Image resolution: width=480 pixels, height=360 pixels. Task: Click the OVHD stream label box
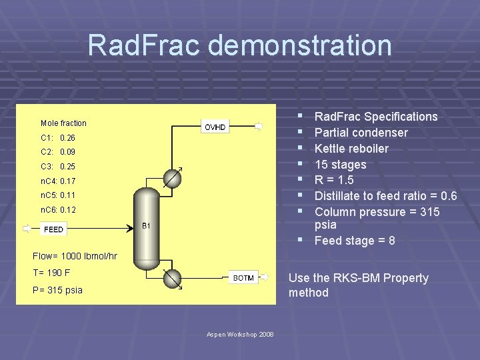coord(215,126)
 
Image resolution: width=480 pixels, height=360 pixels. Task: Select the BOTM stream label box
coord(243,278)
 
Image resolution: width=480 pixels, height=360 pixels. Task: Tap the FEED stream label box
coord(53,229)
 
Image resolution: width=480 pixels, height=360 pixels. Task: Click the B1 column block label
coord(147,226)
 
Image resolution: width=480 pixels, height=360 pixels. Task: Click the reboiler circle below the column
coord(173,279)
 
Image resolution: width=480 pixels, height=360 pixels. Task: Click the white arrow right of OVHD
coord(259,126)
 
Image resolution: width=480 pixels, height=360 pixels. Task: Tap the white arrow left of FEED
coord(27,229)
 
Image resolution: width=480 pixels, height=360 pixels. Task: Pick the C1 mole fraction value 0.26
coord(67,137)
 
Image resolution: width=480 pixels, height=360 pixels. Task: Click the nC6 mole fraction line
coord(58,210)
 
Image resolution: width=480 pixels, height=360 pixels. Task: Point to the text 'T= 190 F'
coord(51,273)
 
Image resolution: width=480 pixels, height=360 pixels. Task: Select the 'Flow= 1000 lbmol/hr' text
coord(75,256)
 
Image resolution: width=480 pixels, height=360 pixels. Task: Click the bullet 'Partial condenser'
coord(361,133)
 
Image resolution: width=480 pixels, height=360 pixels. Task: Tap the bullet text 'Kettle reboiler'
coord(351,149)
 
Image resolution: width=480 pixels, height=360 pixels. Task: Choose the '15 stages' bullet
coord(340,165)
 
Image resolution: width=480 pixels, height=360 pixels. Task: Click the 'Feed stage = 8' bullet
coord(354,241)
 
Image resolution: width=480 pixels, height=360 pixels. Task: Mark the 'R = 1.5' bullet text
coord(334,180)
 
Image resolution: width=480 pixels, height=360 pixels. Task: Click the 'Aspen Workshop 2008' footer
coord(240,333)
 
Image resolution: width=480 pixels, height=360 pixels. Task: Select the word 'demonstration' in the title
coord(300,45)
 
